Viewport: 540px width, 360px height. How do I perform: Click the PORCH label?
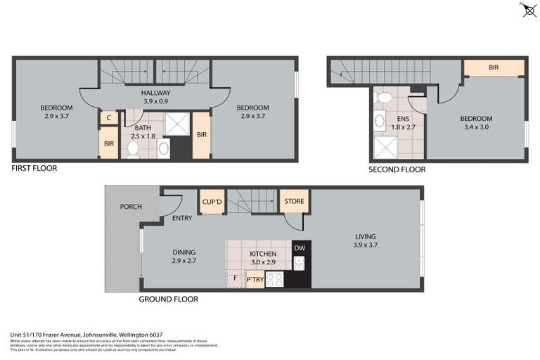coord(131,207)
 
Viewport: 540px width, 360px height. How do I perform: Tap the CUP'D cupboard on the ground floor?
coord(212,202)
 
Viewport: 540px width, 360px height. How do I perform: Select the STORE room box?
coord(294,201)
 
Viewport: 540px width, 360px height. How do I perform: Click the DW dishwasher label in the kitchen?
coord(300,247)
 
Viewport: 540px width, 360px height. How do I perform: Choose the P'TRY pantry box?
coord(255,280)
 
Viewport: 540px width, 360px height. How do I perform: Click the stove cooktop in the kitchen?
coord(274,279)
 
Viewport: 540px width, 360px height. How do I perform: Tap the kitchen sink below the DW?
coord(300,263)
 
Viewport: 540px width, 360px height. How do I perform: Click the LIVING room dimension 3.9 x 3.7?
coord(365,245)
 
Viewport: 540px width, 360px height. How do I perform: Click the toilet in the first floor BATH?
coord(133,148)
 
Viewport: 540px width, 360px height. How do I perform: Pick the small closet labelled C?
coord(108,118)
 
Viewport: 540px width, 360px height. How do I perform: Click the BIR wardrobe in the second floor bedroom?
coord(494,67)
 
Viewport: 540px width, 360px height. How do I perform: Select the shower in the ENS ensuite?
coord(386,147)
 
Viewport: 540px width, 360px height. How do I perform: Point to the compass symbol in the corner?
coord(529,10)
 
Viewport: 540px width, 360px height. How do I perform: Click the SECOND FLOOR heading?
coord(397,169)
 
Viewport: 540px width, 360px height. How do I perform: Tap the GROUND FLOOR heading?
coord(169,299)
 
